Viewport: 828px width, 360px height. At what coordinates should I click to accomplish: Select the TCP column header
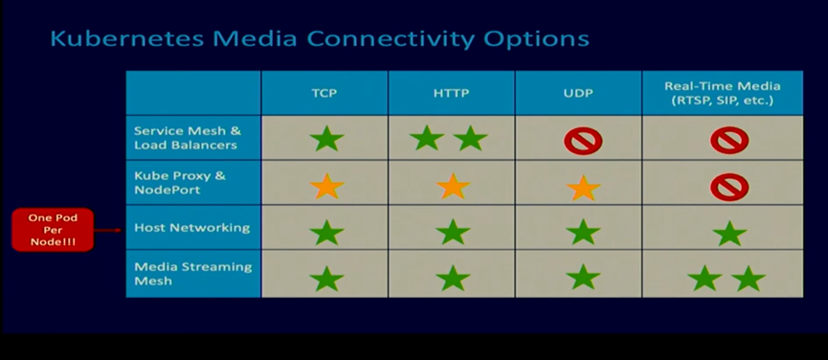(324, 94)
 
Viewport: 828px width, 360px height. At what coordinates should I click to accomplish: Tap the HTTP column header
(452, 94)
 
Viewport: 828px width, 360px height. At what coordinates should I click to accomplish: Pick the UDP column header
(579, 94)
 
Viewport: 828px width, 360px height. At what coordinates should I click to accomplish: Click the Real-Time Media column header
(723, 93)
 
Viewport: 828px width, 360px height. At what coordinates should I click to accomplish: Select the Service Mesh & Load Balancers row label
(188, 138)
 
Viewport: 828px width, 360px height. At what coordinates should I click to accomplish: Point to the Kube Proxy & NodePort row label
(180, 183)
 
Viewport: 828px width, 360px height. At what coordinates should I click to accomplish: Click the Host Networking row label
(192, 228)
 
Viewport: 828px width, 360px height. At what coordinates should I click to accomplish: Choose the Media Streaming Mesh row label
(193, 274)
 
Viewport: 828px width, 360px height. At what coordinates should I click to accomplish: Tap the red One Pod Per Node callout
(53, 230)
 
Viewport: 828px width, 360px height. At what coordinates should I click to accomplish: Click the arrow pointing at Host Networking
(108, 230)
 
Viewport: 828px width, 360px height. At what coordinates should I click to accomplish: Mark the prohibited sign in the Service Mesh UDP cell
(583, 141)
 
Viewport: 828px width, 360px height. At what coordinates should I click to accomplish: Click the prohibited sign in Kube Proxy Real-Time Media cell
(729, 188)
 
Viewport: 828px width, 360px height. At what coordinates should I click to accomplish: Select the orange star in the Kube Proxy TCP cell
(326, 187)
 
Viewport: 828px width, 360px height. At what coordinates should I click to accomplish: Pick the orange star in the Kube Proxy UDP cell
(584, 188)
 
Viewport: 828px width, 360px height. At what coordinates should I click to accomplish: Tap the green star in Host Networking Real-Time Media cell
(729, 234)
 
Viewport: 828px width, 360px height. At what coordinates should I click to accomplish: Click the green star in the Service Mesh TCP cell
(326, 139)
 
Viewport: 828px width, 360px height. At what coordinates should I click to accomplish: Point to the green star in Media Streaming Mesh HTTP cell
(453, 279)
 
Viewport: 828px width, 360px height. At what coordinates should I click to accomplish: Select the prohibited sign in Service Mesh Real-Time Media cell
(729, 141)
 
